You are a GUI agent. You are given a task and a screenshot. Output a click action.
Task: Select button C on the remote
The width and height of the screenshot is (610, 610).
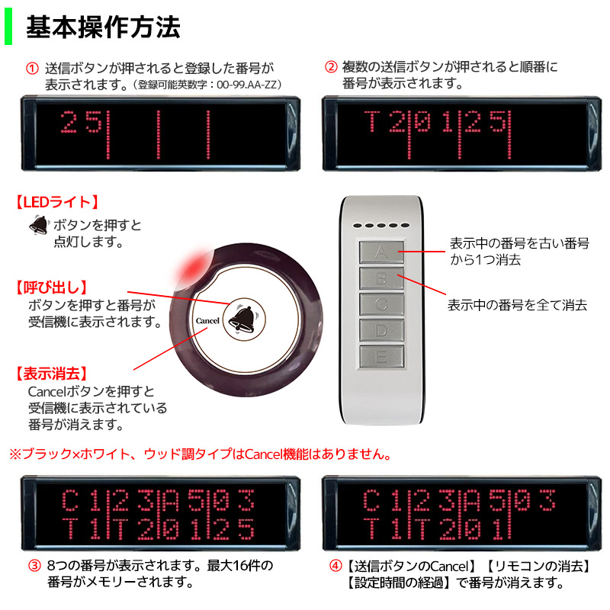coord(382,304)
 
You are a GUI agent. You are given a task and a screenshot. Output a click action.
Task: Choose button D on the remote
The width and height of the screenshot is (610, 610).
coord(382,330)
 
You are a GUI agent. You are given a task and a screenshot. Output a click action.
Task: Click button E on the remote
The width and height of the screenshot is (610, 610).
coord(382,356)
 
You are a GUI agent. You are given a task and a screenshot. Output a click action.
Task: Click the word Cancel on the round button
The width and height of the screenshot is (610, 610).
coord(207,321)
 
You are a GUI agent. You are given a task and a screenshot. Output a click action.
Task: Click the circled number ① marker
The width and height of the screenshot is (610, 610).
coord(32,68)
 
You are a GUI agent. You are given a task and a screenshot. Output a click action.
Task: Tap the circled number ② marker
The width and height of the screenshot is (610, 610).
coord(331,68)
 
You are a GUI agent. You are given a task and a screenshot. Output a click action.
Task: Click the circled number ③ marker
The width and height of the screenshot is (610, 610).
coord(34,567)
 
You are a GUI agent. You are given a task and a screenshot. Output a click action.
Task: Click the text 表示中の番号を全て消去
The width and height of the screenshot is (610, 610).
coord(516,305)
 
